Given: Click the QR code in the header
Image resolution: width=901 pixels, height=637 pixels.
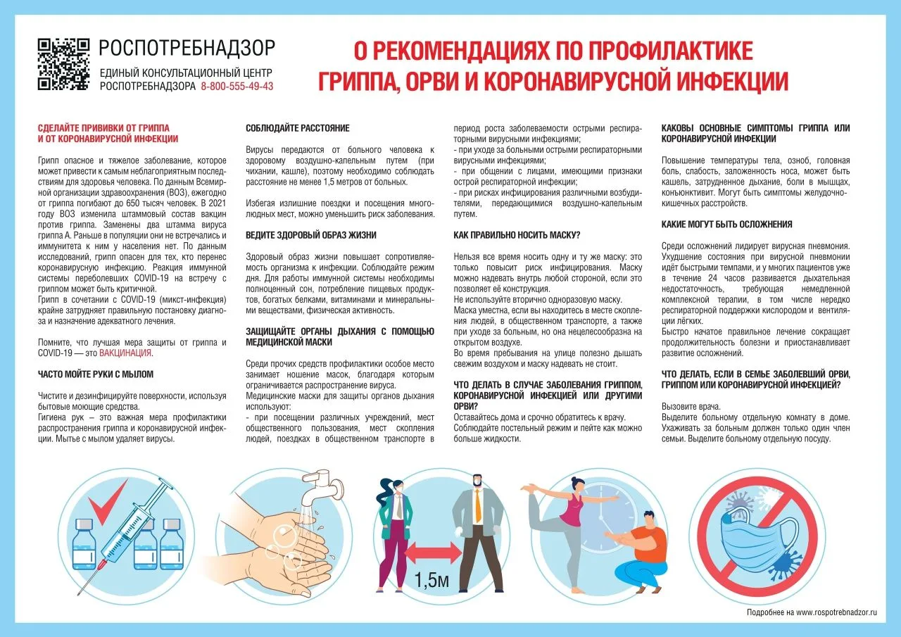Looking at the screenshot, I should pyautogui.click(x=63, y=64).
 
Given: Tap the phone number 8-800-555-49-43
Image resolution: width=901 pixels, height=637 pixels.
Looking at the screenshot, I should pyautogui.click(x=237, y=87).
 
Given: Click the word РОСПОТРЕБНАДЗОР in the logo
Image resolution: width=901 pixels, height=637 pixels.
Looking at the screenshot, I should pyautogui.click(x=187, y=49).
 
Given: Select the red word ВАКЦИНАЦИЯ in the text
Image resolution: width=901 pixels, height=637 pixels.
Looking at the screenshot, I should pyautogui.click(x=125, y=353).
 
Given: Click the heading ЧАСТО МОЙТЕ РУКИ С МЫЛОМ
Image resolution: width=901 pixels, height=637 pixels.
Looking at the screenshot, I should pyautogui.click(x=96, y=374).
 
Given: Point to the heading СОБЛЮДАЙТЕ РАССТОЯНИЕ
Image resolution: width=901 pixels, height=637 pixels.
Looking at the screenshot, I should pyautogui.click(x=297, y=129).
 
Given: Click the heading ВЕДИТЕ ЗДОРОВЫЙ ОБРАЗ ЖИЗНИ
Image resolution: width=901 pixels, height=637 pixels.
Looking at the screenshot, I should pyautogui.click(x=311, y=235).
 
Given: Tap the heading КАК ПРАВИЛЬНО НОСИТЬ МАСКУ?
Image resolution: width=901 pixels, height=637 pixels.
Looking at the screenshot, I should pyautogui.click(x=522, y=235).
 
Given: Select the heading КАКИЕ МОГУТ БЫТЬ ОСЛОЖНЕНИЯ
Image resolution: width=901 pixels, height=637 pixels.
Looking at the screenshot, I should pyautogui.click(x=727, y=225).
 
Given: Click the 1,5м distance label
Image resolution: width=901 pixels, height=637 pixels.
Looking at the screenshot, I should pyautogui.click(x=431, y=581).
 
